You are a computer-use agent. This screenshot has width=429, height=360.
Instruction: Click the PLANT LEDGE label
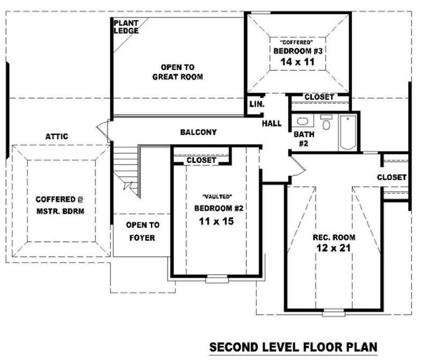[x=126, y=27]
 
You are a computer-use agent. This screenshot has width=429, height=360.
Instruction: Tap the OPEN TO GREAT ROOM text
[x=177, y=72]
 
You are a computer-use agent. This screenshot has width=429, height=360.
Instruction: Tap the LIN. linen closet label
[x=256, y=105]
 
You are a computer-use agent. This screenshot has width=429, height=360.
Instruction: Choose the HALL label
[x=271, y=124]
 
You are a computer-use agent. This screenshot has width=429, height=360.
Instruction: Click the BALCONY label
[x=198, y=132]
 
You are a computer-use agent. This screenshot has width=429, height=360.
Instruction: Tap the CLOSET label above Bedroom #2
[x=201, y=160]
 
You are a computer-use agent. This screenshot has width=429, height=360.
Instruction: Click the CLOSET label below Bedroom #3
[x=319, y=97]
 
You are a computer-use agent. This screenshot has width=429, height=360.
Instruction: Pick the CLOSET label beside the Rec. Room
[x=391, y=177]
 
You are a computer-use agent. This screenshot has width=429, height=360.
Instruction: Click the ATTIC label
[x=57, y=137]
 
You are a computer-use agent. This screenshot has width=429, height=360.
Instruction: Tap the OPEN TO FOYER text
[x=142, y=231]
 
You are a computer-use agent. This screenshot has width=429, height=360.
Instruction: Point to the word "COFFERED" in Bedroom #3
[x=297, y=41]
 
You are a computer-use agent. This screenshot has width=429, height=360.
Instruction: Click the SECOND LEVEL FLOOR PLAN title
[x=293, y=347]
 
